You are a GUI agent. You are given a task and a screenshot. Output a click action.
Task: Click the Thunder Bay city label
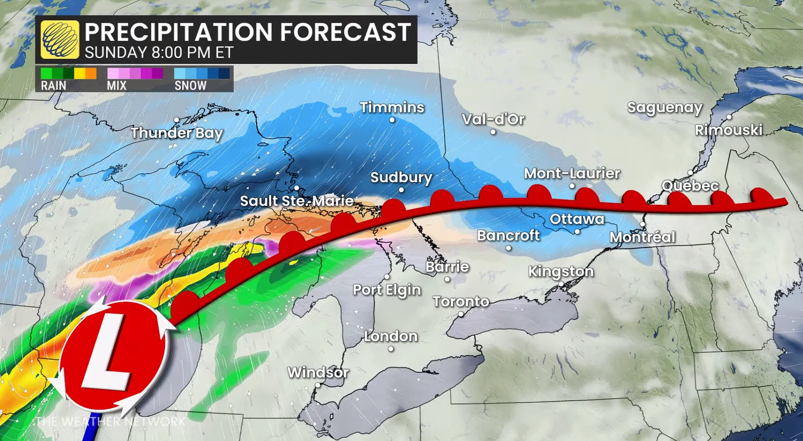tap(177, 133)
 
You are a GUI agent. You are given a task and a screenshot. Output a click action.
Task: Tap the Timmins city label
tap(392, 107)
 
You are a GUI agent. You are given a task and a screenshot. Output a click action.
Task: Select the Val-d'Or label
tap(493, 119)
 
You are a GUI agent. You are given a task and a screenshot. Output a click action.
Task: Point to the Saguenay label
tap(664, 108)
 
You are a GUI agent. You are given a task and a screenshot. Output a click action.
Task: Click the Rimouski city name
tap(729, 131)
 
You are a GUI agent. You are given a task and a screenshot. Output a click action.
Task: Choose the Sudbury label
tap(401, 177)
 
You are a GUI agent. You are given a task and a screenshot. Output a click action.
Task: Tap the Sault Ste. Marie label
tap(296, 201)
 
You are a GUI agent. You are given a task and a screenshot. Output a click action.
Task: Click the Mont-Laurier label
tap(572, 174)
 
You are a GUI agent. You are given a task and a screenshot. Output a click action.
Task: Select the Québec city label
tap(690, 186)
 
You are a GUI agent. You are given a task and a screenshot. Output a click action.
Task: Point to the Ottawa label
tap(577, 219)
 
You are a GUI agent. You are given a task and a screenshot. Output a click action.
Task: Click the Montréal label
tap(642, 237)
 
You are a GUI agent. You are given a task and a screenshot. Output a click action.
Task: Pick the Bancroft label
tap(508, 236)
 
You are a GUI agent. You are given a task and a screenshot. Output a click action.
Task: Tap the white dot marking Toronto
tap(461, 314)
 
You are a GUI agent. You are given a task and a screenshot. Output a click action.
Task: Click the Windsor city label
tap(318, 373)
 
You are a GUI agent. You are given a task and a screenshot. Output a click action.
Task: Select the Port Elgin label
tap(387, 290)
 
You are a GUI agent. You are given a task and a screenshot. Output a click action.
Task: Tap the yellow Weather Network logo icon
tap(59, 39)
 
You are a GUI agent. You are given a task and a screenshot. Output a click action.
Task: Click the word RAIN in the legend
tap(53, 86)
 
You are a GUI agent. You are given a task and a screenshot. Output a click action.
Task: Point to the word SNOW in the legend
tap(190, 86)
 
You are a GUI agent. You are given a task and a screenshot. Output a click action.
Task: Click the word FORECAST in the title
tap(345, 32)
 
